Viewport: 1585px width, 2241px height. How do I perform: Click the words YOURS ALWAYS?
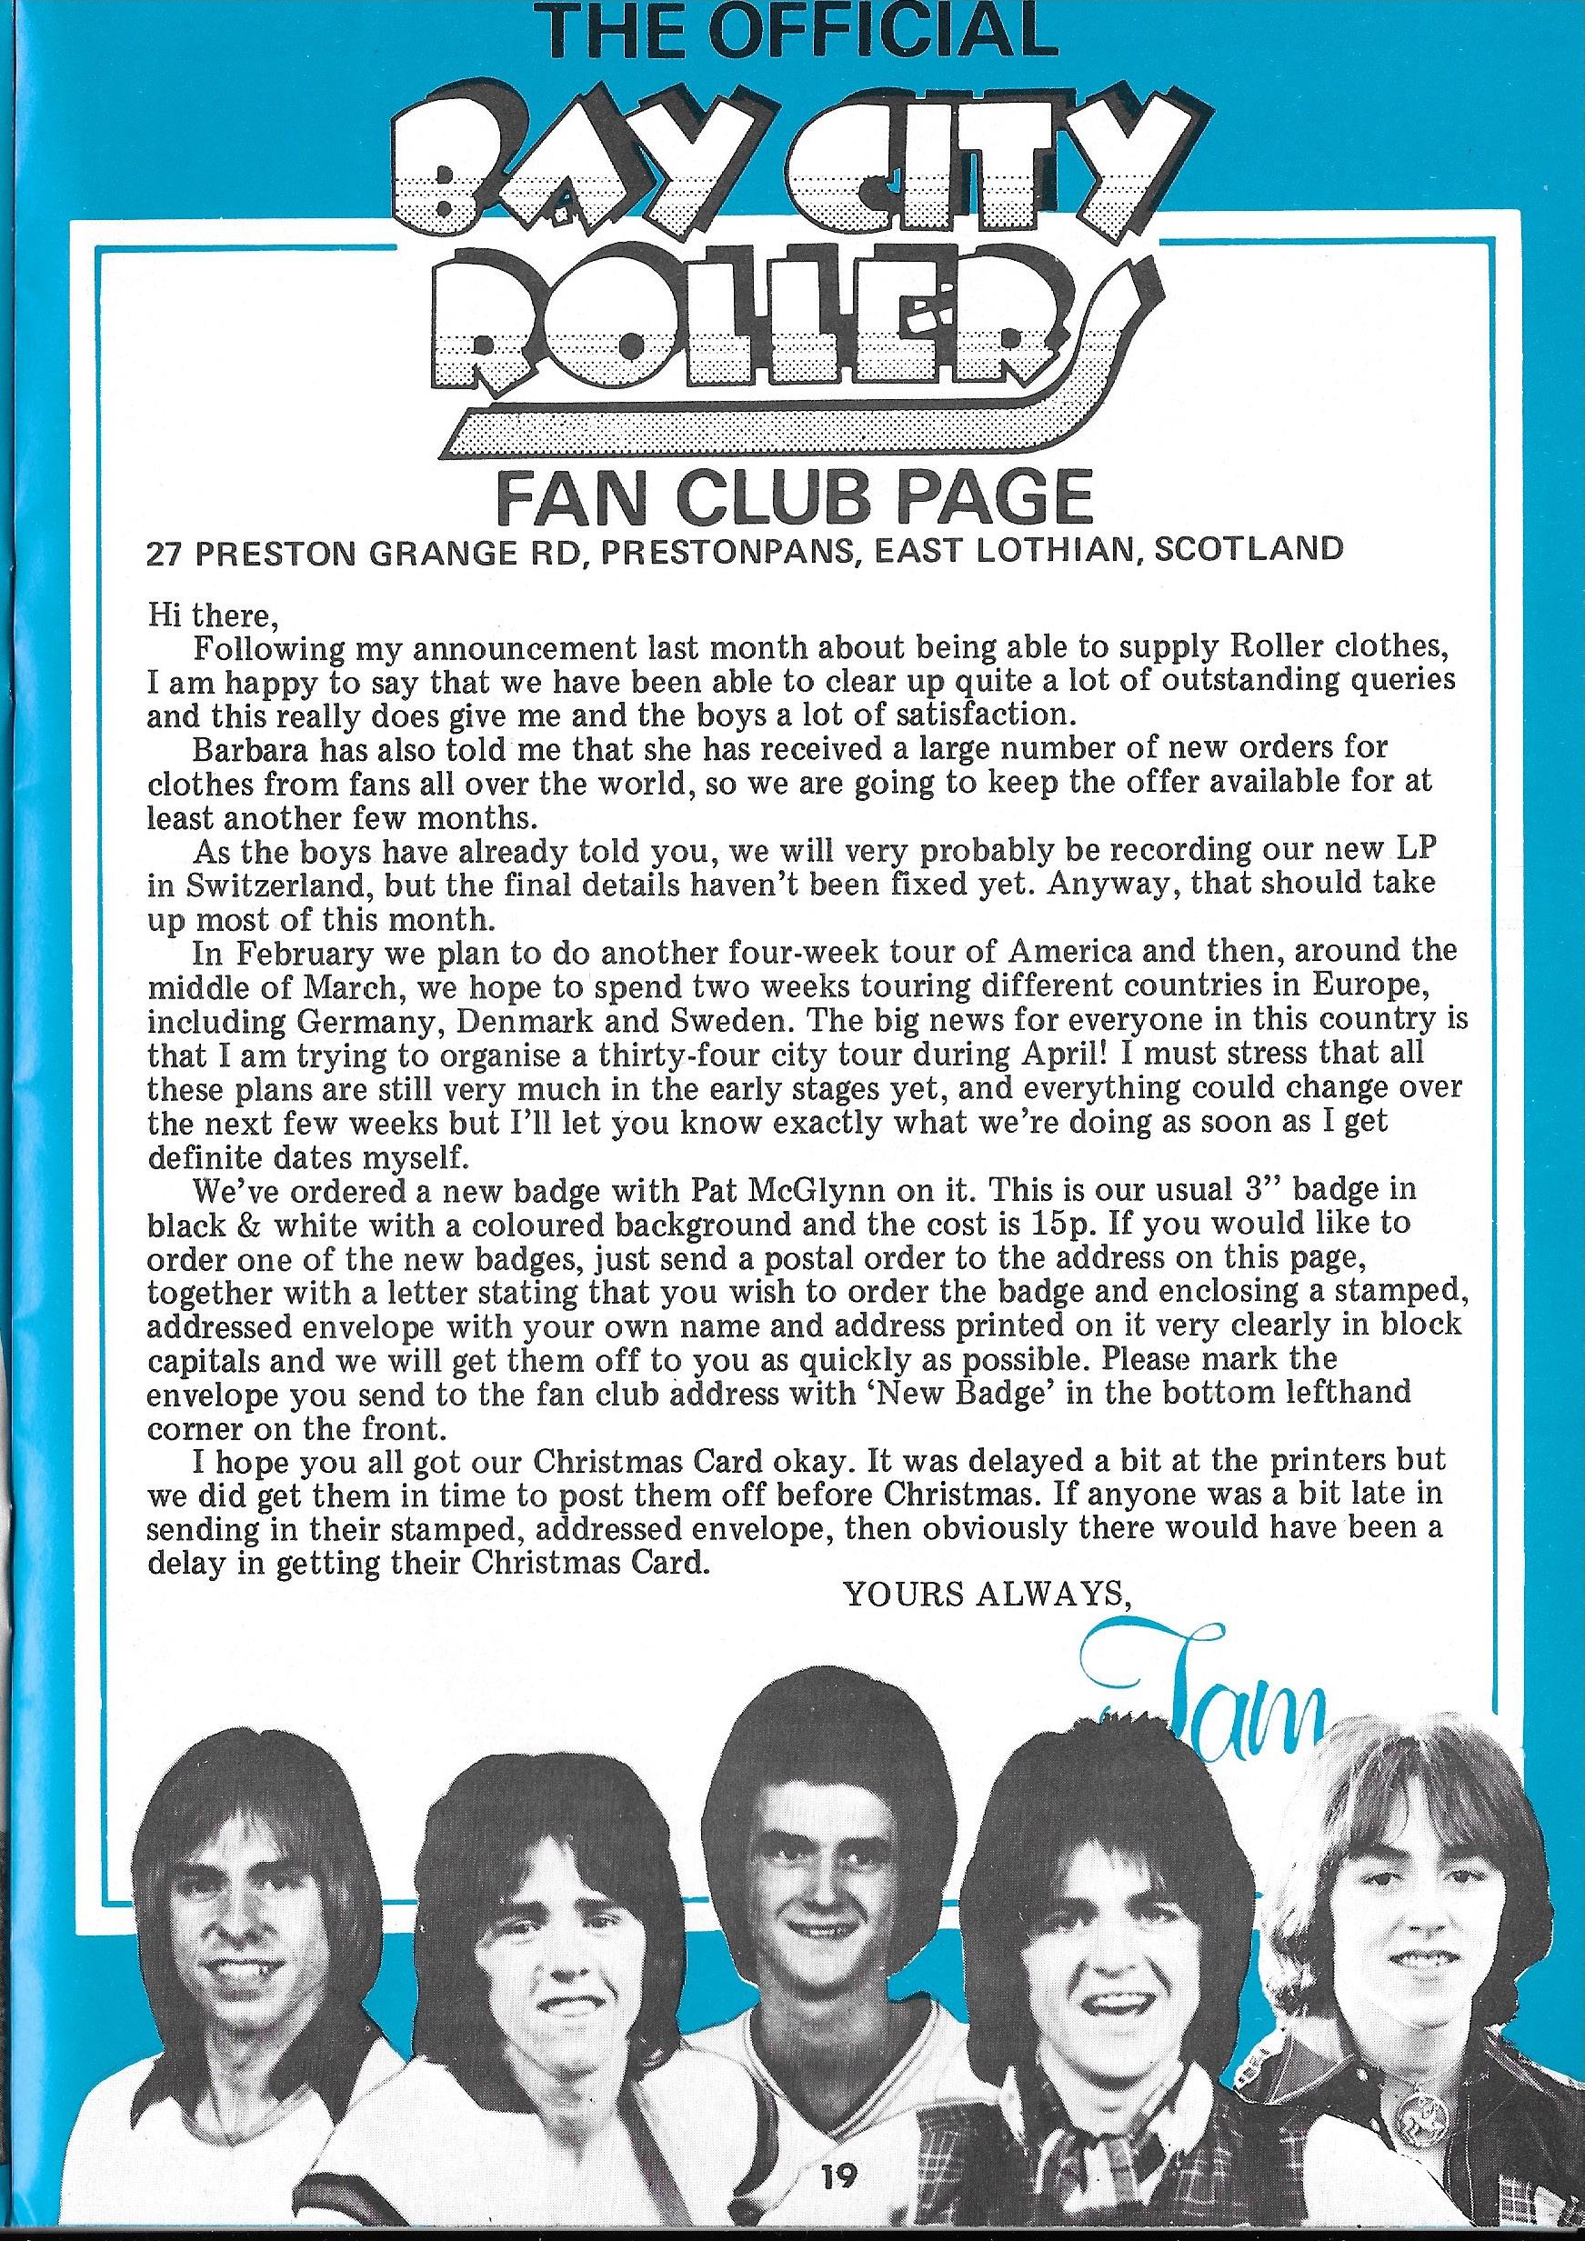tap(986, 1594)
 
